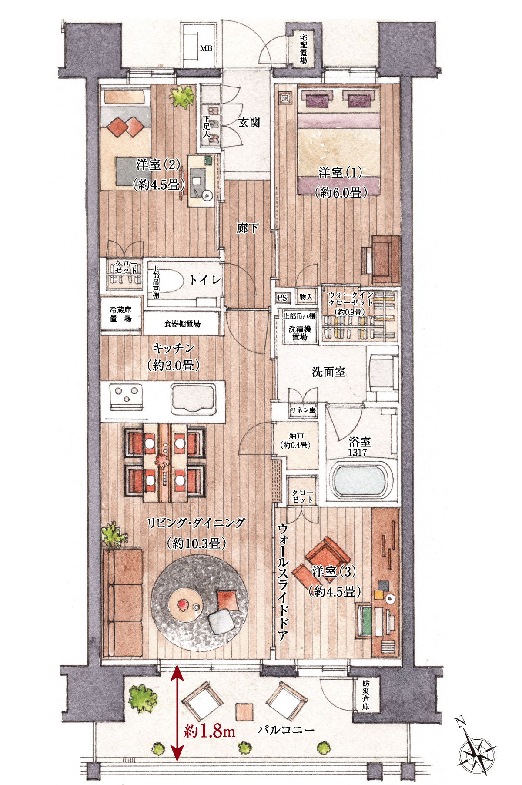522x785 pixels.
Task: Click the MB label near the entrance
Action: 206,48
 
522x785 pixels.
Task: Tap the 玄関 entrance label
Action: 249,123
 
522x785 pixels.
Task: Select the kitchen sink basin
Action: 193,398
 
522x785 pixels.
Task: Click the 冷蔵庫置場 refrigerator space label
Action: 120,314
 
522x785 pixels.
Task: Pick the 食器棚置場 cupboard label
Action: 182,324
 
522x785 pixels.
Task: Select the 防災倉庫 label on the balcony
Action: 365,695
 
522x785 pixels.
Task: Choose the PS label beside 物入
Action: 282,298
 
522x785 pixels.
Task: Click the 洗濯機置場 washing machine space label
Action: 300,333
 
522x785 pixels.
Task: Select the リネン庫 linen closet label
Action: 303,410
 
